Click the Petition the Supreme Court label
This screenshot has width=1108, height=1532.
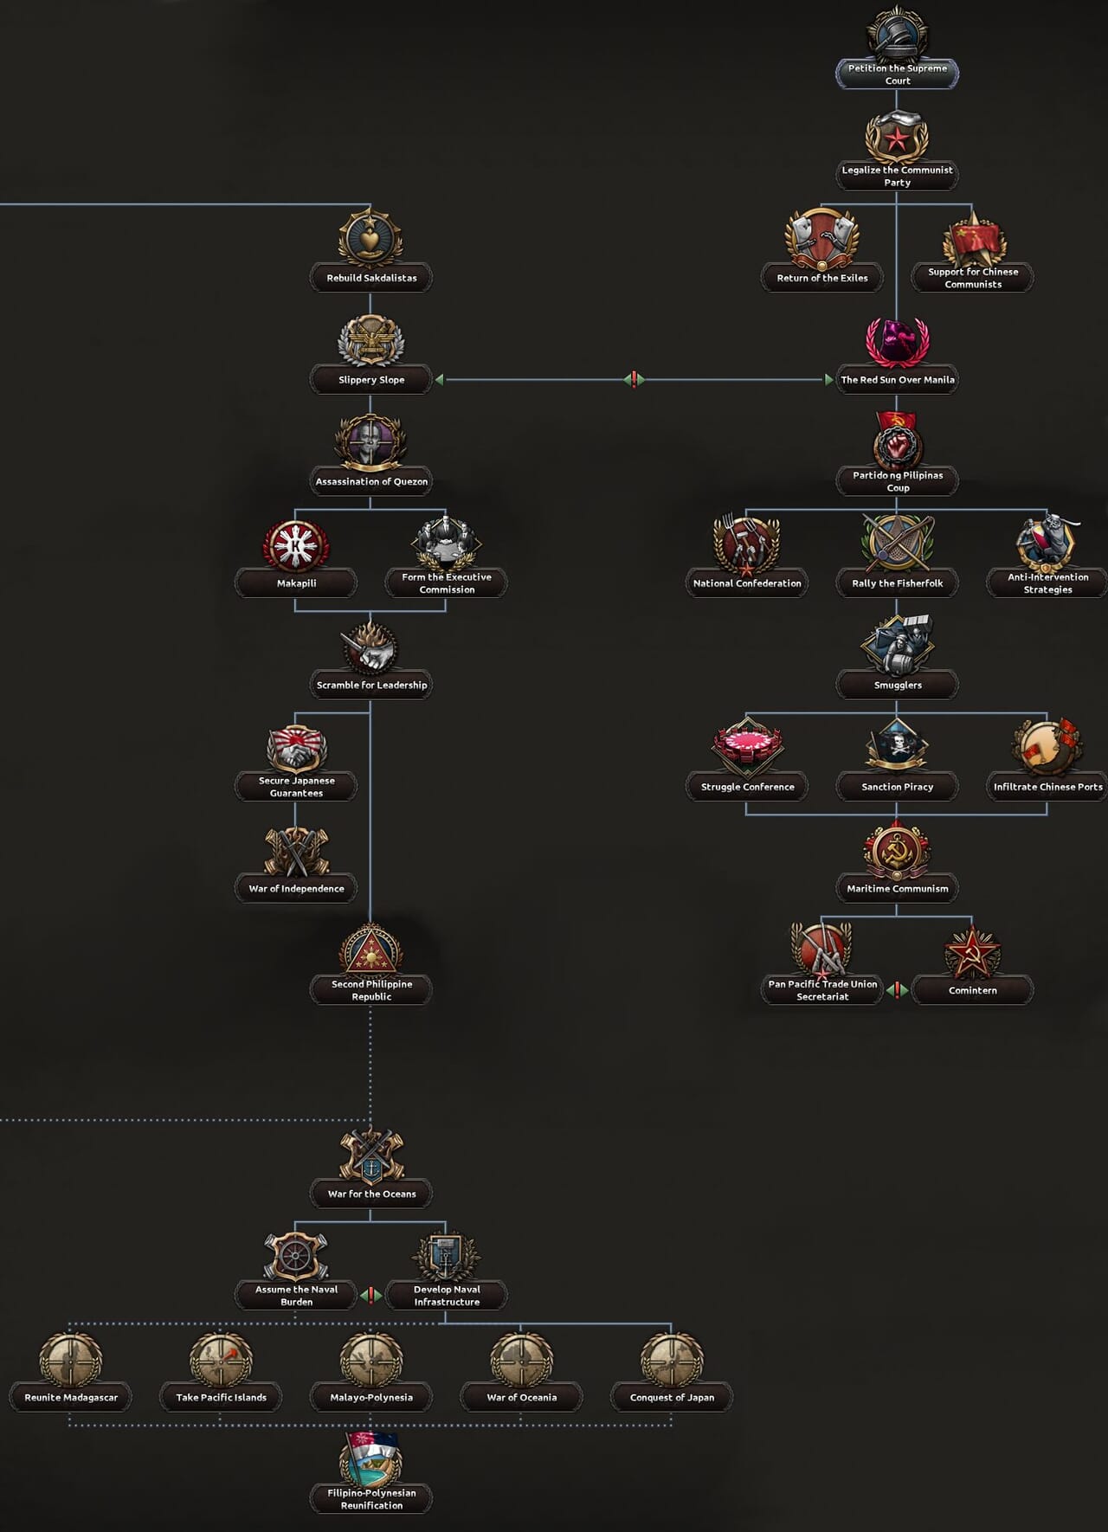[897, 74]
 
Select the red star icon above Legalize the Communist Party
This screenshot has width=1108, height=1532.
[897, 137]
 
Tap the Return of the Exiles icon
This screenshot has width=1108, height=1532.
[821, 239]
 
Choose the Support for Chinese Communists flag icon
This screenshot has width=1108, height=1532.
[973, 239]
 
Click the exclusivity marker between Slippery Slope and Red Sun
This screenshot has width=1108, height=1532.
[634, 379]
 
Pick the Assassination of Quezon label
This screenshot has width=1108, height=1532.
[371, 481]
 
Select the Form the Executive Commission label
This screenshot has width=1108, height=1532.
[447, 583]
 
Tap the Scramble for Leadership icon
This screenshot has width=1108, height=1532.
[370, 647]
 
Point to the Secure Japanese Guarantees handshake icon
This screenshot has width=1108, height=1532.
[296, 749]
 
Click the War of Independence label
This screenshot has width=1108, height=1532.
[296, 888]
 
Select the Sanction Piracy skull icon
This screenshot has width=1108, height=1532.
[897, 745]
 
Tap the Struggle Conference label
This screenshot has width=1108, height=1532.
[747, 787]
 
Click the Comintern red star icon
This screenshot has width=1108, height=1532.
[972, 952]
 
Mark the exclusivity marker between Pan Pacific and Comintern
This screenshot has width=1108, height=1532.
[897, 989]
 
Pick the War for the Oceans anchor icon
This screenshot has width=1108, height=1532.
[370, 1156]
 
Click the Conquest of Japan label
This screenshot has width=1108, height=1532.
[672, 1397]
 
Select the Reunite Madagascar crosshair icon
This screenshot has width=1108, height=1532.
[71, 1360]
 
